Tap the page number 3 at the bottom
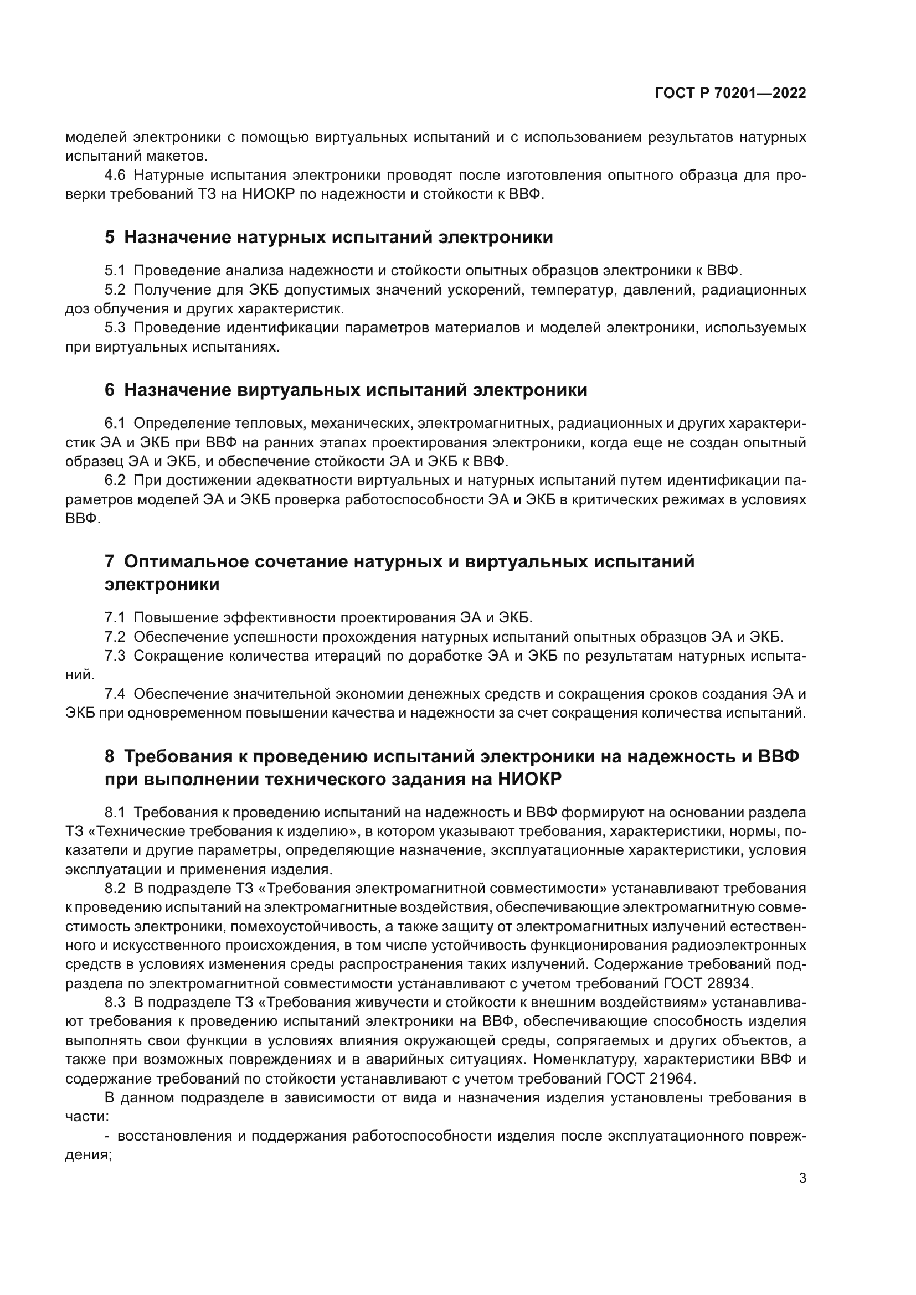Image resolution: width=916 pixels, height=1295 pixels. [802, 1178]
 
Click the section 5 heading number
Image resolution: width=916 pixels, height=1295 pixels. [110, 238]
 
